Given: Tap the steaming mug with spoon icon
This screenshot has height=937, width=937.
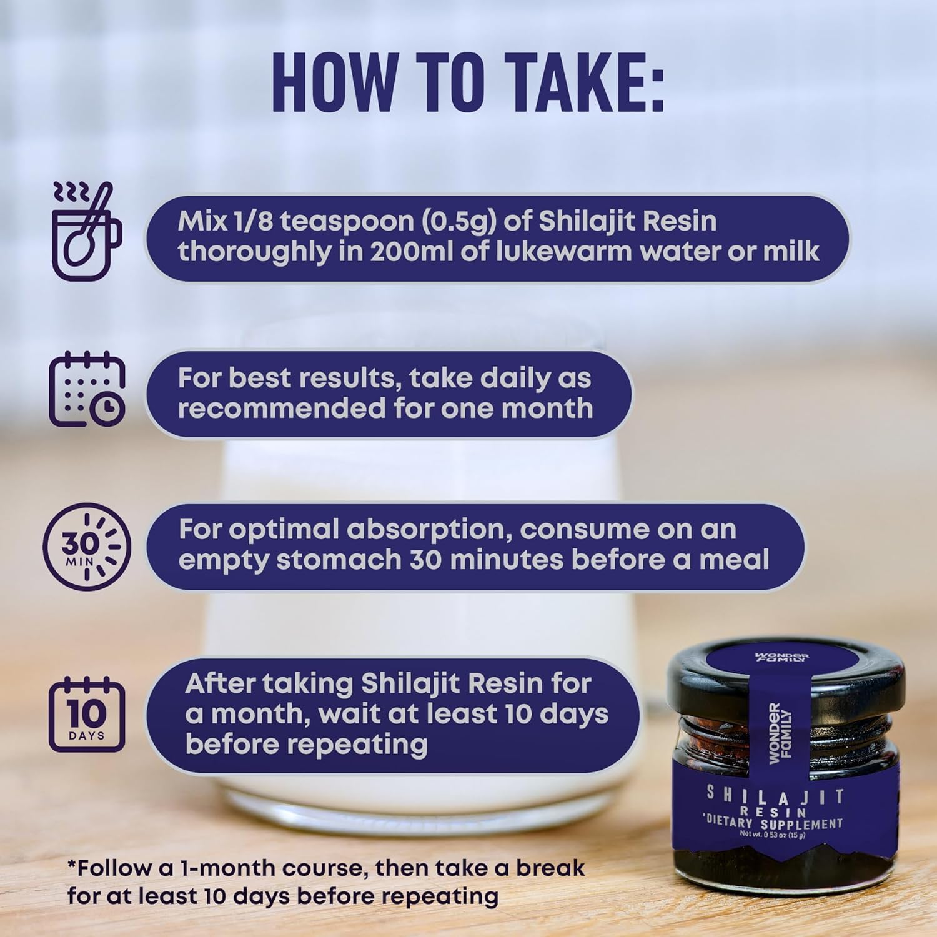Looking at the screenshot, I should click(86, 232).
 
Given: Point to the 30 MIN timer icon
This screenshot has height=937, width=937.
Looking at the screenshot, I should click(87, 547).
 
